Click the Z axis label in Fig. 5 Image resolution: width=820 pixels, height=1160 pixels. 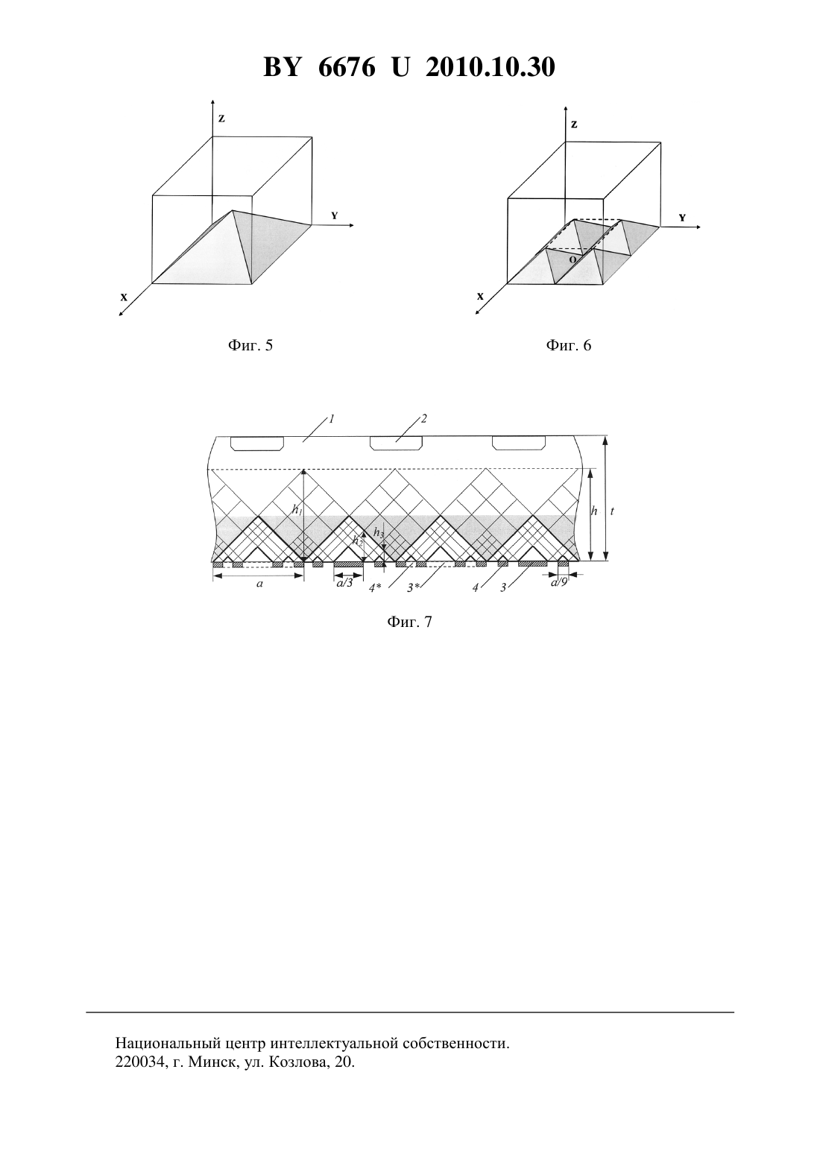[221, 119]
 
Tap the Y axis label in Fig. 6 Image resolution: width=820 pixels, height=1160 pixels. [682, 218]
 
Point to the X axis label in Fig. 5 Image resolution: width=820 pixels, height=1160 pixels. [124, 297]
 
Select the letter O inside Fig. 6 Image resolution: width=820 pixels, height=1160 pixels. [572, 260]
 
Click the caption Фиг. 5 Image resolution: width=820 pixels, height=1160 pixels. [250, 345]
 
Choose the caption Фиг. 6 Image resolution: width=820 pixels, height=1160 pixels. [568, 345]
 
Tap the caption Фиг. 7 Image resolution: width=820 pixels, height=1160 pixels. [409, 622]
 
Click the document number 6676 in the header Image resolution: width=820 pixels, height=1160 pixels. [346, 67]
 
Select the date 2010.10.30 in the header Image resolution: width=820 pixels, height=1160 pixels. [491, 67]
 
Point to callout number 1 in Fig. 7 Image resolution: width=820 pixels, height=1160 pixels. [332, 418]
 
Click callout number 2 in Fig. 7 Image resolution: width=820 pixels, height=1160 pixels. [423, 418]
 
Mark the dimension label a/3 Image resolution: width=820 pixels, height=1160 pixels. [344, 584]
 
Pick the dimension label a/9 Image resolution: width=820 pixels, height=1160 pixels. [558, 584]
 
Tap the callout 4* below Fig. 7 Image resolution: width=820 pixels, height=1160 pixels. [375, 588]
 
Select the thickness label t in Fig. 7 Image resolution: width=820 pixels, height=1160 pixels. [613, 511]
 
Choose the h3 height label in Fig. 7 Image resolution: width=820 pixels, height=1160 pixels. [379, 533]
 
